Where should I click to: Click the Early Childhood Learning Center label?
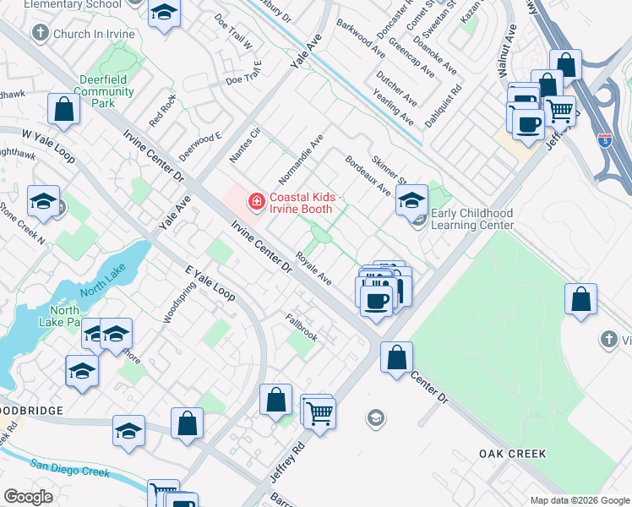pyautogui.click(x=472, y=220)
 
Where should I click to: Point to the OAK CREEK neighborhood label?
pyautogui.click(x=512, y=454)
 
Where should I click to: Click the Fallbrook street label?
pyautogui.click(x=302, y=327)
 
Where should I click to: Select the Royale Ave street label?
pyautogui.click(x=313, y=269)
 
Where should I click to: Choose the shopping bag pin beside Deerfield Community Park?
pyautogui.click(x=63, y=108)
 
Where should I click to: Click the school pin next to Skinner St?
pyautogui.click(x=411, y=200)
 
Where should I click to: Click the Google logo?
pyautogui.click(x=28, y=497)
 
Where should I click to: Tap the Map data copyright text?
pyautogui.click(x=579, y=500)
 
